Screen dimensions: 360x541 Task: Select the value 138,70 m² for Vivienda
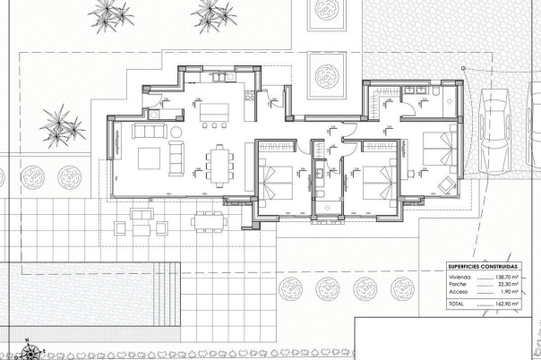tap(507, 279)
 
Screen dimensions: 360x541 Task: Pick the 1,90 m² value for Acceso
tap(509, 293)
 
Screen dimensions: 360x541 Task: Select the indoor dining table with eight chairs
tap(218, 161)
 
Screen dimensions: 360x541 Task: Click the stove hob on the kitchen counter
tap(152, 115)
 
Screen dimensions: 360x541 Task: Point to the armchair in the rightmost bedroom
tap(444, 184)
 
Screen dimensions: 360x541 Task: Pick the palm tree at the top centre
tap(212, 13)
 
